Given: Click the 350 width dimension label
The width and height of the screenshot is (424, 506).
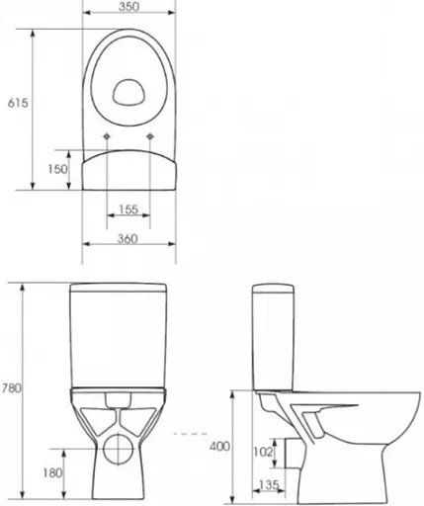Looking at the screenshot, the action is tap(128, 7).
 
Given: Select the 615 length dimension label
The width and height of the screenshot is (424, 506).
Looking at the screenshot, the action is tap(18, 103).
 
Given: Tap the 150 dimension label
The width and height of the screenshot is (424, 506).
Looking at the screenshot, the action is tap(57, 169).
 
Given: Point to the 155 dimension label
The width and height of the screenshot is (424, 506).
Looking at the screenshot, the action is tap(128, 210).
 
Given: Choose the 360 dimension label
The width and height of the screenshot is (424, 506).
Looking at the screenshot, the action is tap(127, 238).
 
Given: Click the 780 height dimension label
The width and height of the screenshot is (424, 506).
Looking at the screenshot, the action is tap(12, 388).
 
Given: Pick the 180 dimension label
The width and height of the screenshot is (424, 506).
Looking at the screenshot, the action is tap(52, 473).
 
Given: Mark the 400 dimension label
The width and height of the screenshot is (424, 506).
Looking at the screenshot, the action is tap(219, 447).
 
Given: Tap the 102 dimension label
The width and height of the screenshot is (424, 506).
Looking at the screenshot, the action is tap(263, 452).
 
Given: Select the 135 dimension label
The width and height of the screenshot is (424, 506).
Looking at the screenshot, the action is tap(269, 485).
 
